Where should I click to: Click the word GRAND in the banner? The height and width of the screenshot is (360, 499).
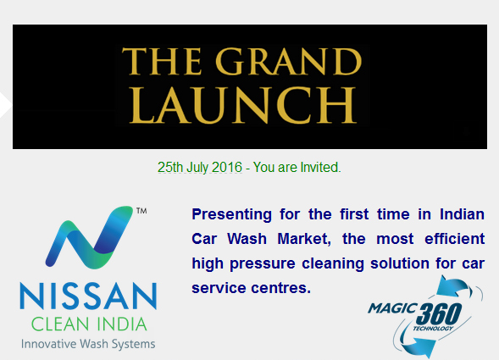point(289,62)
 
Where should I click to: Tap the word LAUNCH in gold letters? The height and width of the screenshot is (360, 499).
point(243,105)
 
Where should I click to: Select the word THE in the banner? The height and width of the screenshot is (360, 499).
point(162,62)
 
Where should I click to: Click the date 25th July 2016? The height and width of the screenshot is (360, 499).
point(200,168)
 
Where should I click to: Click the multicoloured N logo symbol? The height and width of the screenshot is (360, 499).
point(89,237)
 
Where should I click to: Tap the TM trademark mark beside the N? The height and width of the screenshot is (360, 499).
point(141,211)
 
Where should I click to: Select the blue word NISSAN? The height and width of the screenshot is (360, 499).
point(88,296)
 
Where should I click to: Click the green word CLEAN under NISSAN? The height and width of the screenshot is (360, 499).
point(60,324)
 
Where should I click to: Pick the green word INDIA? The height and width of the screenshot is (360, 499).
point(122,324)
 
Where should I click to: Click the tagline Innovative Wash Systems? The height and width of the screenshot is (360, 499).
point(88,344)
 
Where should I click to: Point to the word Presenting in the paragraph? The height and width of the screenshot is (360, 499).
point(231,215)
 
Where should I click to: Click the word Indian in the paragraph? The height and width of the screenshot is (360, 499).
point(462,214)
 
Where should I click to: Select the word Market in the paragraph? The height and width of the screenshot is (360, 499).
point(304,239)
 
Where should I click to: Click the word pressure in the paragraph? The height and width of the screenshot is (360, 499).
point(263,264)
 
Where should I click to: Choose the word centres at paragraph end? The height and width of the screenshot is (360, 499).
point(280,288)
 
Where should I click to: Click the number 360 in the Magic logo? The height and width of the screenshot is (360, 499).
point(439,314)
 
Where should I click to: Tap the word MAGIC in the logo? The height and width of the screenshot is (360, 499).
point(392,308)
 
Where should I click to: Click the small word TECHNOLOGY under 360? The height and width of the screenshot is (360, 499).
point(433,328)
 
